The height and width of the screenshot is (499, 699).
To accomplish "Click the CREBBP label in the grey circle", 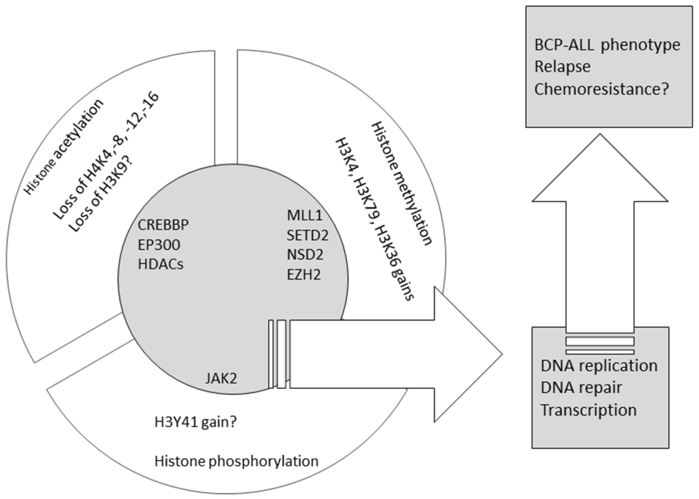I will click(163, 225).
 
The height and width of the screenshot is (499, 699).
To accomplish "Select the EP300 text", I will click(159, 245).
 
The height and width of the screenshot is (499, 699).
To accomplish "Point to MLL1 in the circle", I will click(304, 215).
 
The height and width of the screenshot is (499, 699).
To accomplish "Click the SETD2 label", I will click(308, 235).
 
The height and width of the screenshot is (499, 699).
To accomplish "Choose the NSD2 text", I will click(305, 255).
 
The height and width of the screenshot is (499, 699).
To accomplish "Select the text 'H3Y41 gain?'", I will click(196, 422).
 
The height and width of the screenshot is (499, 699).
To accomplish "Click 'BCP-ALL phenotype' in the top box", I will click(607, 45).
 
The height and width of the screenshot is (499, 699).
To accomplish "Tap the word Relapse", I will click(562, 67).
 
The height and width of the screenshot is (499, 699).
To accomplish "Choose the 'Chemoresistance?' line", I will click(602, 89).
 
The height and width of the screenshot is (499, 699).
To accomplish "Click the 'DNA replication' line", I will click(599, 366).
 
